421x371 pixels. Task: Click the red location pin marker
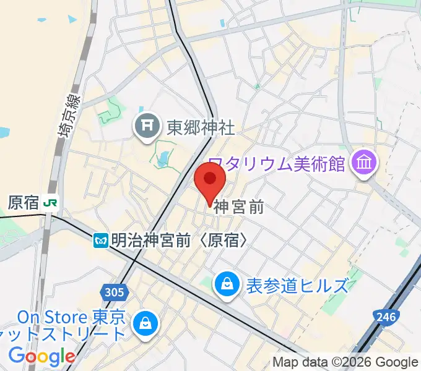click(x=210, y=181)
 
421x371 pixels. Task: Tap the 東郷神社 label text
click(x=201, y=127)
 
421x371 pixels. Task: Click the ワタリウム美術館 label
click(x=276, y=164)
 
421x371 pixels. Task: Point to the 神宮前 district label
click(x=239, y=208)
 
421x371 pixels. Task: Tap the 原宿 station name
click(x=24, y=202)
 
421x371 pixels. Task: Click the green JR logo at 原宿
click(x=52, y=202)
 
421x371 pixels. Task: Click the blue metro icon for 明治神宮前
click(x=101, y=241)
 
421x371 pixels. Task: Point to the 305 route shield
click(x=114, y=291)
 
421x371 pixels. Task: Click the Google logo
click(x=41, y=356)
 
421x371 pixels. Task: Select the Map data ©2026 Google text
click(x=345, y=362)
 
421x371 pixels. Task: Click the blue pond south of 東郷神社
click(x=162, y=160)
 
